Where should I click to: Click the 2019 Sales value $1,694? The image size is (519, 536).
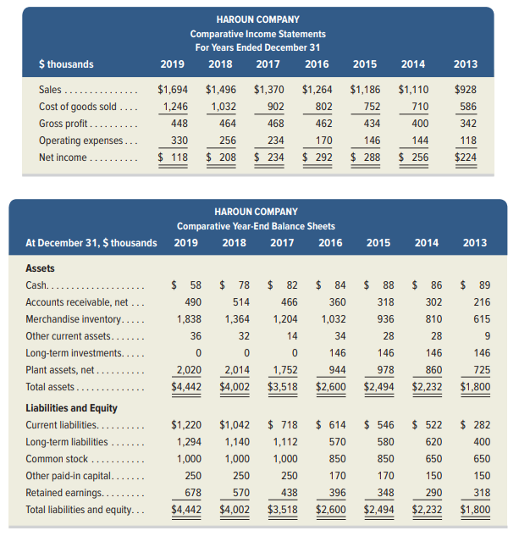(174, 89)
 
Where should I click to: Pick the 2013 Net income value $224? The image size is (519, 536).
(466, 157)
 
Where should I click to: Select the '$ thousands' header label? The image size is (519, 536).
(66, 64)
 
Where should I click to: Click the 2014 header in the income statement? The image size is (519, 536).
(413, 64)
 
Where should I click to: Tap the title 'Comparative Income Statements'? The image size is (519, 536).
(257, 34)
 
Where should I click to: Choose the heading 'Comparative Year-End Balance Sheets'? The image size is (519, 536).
(256, 226)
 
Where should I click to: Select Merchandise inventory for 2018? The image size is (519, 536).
(237, 319)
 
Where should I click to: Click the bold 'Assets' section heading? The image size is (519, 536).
(41, 267)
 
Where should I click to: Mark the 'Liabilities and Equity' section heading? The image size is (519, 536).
(73, 406)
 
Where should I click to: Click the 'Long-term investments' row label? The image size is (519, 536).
(75, 352)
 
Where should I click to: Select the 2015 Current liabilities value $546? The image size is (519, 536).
(379, 424)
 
